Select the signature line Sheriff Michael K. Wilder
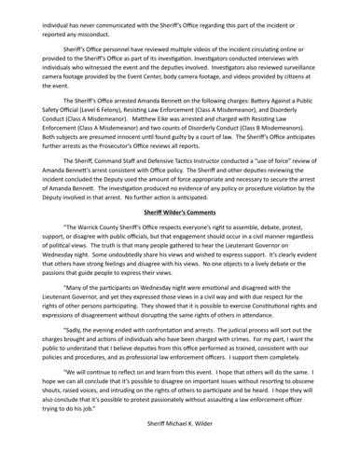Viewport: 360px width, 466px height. click(180, 448)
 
